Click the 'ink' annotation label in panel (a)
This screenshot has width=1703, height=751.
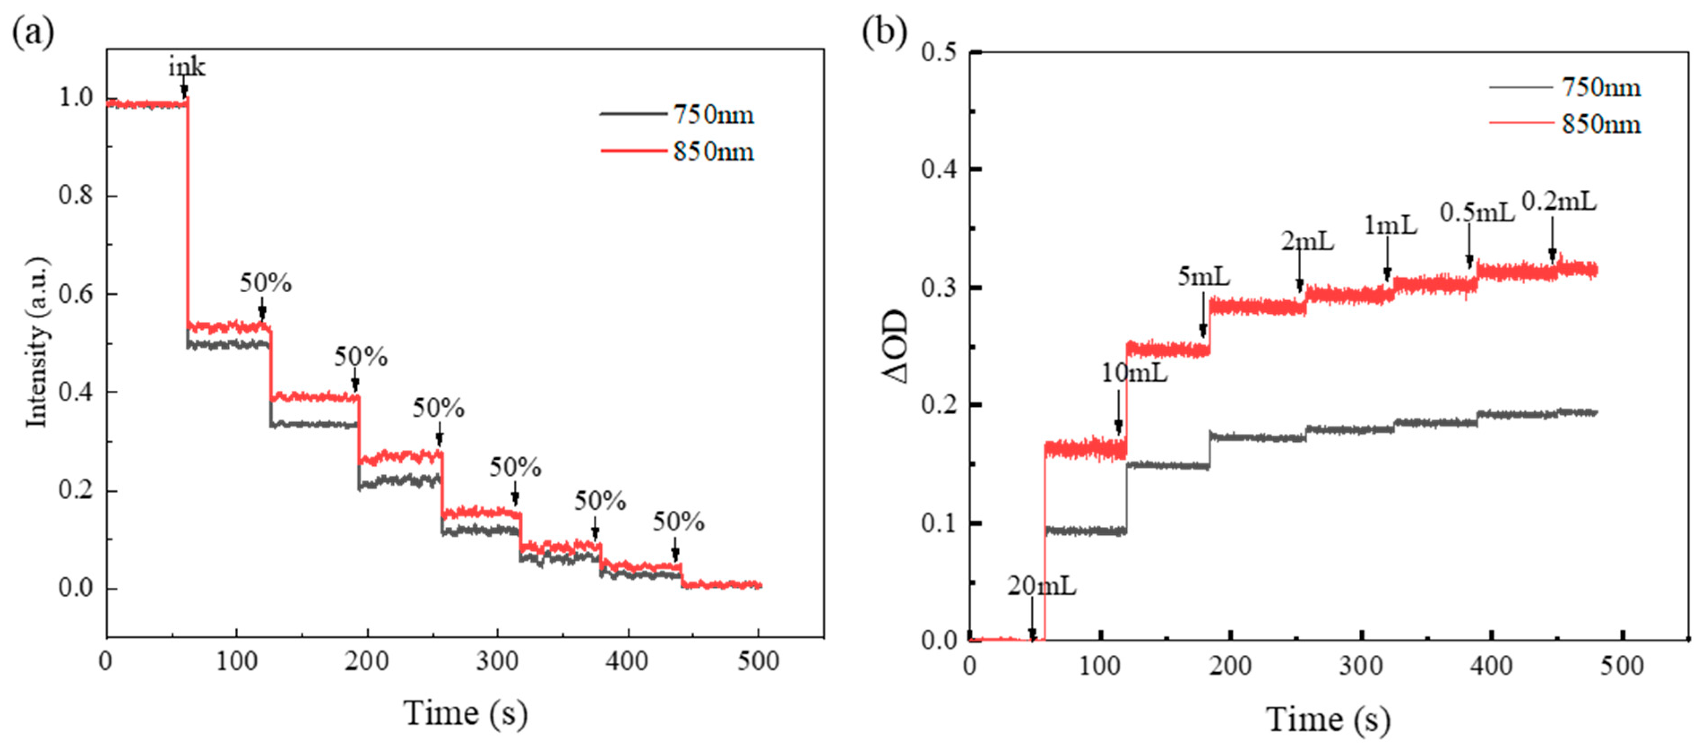click(x=186, y=67)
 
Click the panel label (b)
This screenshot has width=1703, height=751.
click(x=884, y=32)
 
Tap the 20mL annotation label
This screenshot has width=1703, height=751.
click(x=1041, y=586)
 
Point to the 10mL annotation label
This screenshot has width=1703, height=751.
click(x=1134, y=373)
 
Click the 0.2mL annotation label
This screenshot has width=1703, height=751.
click(x=1559, y=201)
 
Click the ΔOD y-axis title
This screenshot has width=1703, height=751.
click(x=896, y=347)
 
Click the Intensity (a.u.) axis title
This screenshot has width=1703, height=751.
click(x=37, y=342)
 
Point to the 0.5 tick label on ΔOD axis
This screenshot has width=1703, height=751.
click(x=939, y=51)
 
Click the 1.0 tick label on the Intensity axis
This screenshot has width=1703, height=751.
click(x=76, y=98)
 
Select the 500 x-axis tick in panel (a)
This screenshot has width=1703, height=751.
click(x=758, y=661)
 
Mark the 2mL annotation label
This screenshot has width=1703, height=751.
click(x=1307, y=242)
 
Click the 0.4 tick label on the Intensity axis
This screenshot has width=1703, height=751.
click(x=76, y=393)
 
